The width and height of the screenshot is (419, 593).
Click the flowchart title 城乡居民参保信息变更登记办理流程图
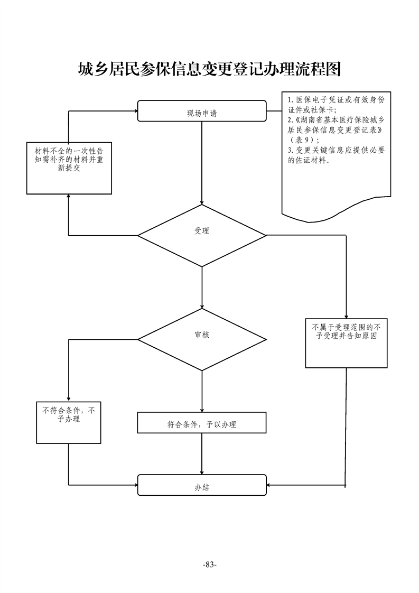pyautogui.click(x=209, y=69)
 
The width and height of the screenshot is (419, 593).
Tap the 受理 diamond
pyautogui.click(x=202, y=231)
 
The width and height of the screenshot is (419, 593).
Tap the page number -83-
pyautogui.click(x=210, y=565)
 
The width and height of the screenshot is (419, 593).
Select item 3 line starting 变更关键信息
pyautogui.click(x=336, y=150)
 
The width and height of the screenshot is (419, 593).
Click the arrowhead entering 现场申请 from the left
pyautogui.click(x=134, y=111)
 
